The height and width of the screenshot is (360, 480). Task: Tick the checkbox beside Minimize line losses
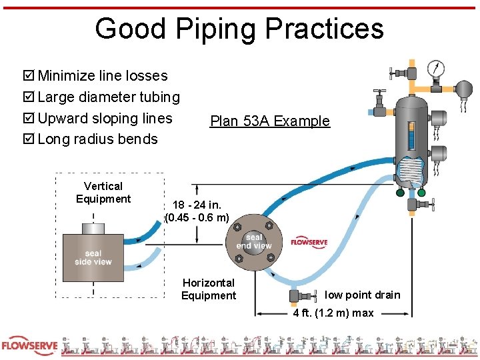(x=29, y=76)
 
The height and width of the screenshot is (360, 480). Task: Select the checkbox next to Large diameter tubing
(x=29, y=97)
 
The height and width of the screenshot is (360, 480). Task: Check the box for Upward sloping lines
(x=29, y=119)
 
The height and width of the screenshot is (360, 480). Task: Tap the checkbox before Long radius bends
(x=29, y=139)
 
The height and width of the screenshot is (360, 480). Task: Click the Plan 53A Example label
(x=269, y=121)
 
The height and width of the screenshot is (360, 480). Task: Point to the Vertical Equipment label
(x=103, y=193)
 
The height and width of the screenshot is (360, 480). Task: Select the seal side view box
(x=93, y=257)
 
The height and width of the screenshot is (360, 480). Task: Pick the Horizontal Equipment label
(x=209, y=289)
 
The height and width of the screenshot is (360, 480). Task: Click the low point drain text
(x=363, y=295)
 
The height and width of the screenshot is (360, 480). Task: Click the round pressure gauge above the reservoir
(x=436, y=67)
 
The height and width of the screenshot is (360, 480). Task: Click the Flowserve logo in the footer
(x=28, y=345)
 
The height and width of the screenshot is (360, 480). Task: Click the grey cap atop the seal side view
(x=93, y=229)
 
